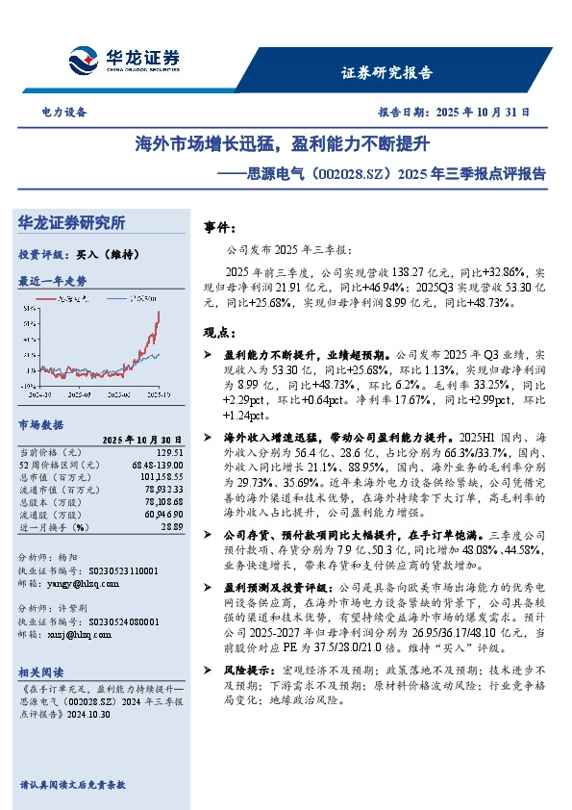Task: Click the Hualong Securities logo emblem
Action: tap(84, 59)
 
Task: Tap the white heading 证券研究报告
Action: tap(387, 73)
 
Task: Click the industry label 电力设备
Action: tap(64, 112)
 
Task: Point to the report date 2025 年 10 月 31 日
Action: tap(483, 112)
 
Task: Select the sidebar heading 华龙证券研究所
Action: tap(72, 222)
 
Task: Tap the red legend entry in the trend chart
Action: tap(68, 299)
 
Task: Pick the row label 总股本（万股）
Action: tap(54, 501)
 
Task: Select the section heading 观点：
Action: tap(220, 332)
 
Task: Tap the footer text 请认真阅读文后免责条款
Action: tap(72, 785)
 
